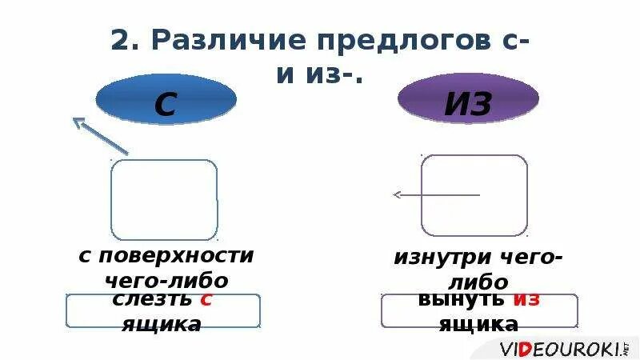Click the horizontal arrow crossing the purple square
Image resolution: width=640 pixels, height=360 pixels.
tap(436, 194)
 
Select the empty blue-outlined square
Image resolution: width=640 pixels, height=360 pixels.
tap(164, 199)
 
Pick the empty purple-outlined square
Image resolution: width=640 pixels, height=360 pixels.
tap(474, 195)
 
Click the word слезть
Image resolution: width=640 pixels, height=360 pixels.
tap(152, 300)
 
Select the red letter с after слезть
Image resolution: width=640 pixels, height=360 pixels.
tap(206, 300)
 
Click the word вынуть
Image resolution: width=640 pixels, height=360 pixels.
tap(461, 300)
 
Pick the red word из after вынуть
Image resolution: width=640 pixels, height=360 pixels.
tap(526, 300)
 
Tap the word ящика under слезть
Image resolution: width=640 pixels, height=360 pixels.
tap(162, 324)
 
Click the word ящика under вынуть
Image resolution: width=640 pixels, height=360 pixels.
tap(478, 324)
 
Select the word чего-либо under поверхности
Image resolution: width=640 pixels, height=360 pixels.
tap(166, 281)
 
